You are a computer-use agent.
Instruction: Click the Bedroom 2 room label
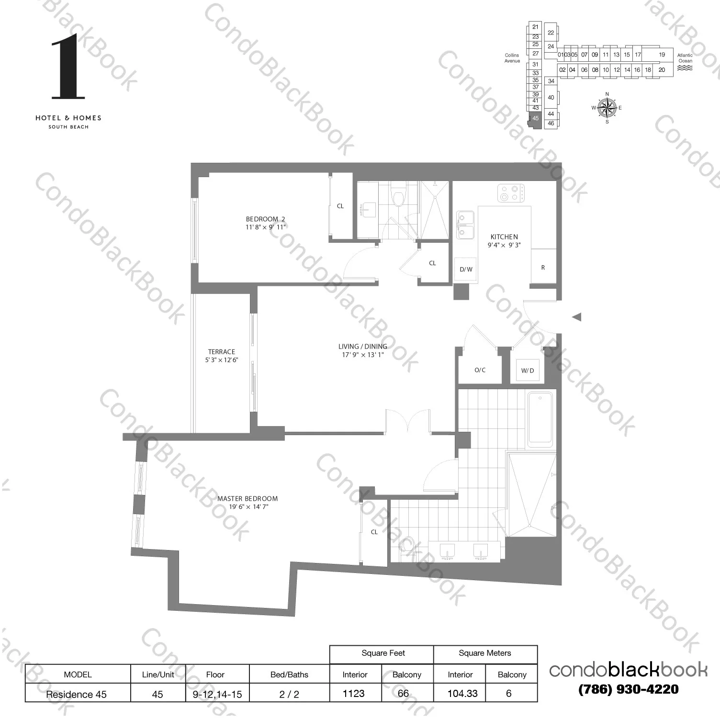[x=265, y=219]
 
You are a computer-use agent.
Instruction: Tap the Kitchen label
[x=504, y=236]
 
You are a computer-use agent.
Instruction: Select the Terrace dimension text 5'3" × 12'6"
[x=221, y=360]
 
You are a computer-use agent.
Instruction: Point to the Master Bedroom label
[x=247, y=498]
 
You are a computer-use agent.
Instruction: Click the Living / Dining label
[x=362, y=346]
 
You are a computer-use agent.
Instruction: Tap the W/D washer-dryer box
[x=527, y=371]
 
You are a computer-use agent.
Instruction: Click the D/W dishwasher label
[x=466, y=270]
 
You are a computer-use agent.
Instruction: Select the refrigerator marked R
[x=543, y=267]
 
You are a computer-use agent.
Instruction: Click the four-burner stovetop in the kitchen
[x=510, y=192]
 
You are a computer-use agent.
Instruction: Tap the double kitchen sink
[x=464, y=225]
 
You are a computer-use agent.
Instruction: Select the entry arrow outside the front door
[x=576, y=316]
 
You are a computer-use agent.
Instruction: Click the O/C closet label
[x=480, y=370]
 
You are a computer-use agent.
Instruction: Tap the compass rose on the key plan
[x=607, y=107]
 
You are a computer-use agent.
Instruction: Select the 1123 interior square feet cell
[x=354, y=693]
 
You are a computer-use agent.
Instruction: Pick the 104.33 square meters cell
[x=462, y=693]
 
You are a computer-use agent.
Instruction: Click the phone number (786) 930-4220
[x=628, y=689]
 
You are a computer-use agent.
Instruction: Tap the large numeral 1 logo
[x=67, y=67]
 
